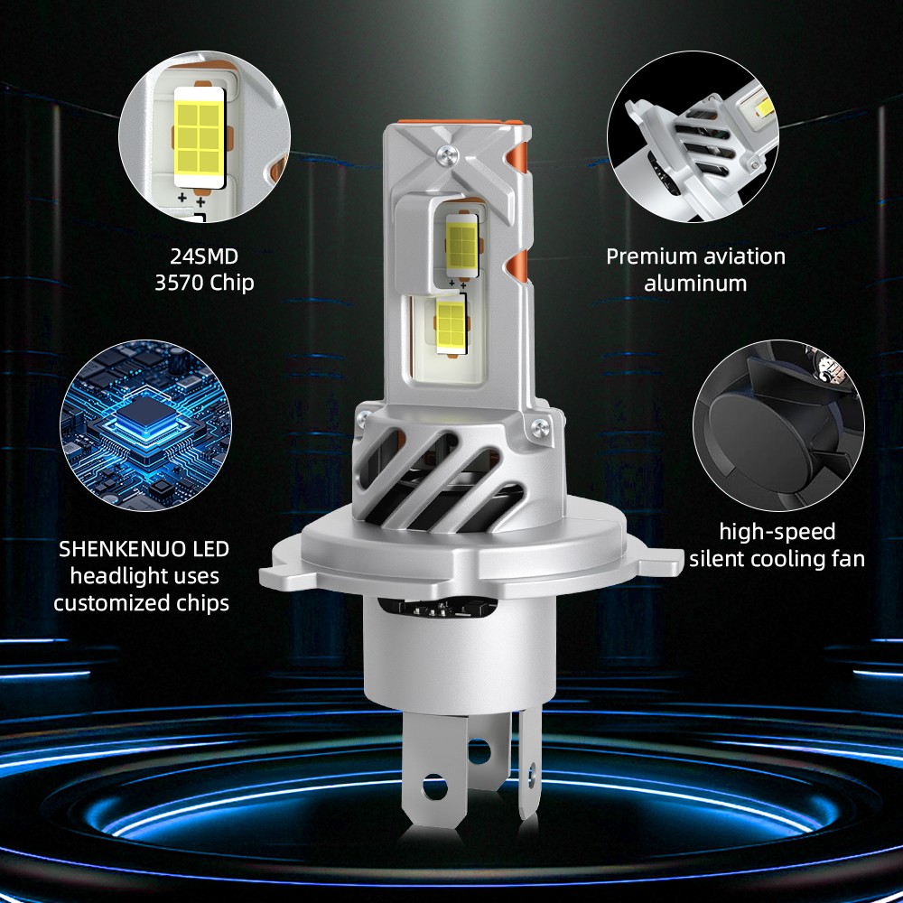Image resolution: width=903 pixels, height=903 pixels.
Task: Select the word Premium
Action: pyautogui.click(x=648, y=256)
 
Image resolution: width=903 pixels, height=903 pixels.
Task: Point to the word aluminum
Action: pyautogui.click(x=695, y=283)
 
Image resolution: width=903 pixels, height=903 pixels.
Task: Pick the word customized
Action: pyautogui.click(x=105, y=602)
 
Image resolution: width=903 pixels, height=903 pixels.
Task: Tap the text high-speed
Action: pyautogui.click(x=777, y=531)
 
